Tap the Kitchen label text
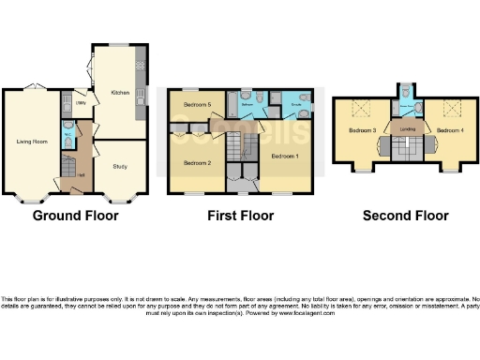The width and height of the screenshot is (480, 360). (x=120, y=93)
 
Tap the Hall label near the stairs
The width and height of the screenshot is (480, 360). (x=82, y=174)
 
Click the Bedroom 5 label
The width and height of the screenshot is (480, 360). (x=196, y=104)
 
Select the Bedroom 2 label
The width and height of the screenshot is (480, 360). (x=196, y=163)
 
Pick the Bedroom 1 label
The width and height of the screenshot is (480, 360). (x=285, y=155)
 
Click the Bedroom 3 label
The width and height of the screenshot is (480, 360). (x=363, y=130)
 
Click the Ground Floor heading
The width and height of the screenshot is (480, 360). (x=75, y=216)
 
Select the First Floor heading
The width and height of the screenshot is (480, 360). (x=240, y=216)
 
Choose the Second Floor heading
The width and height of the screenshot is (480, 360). (x=405, y=216)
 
